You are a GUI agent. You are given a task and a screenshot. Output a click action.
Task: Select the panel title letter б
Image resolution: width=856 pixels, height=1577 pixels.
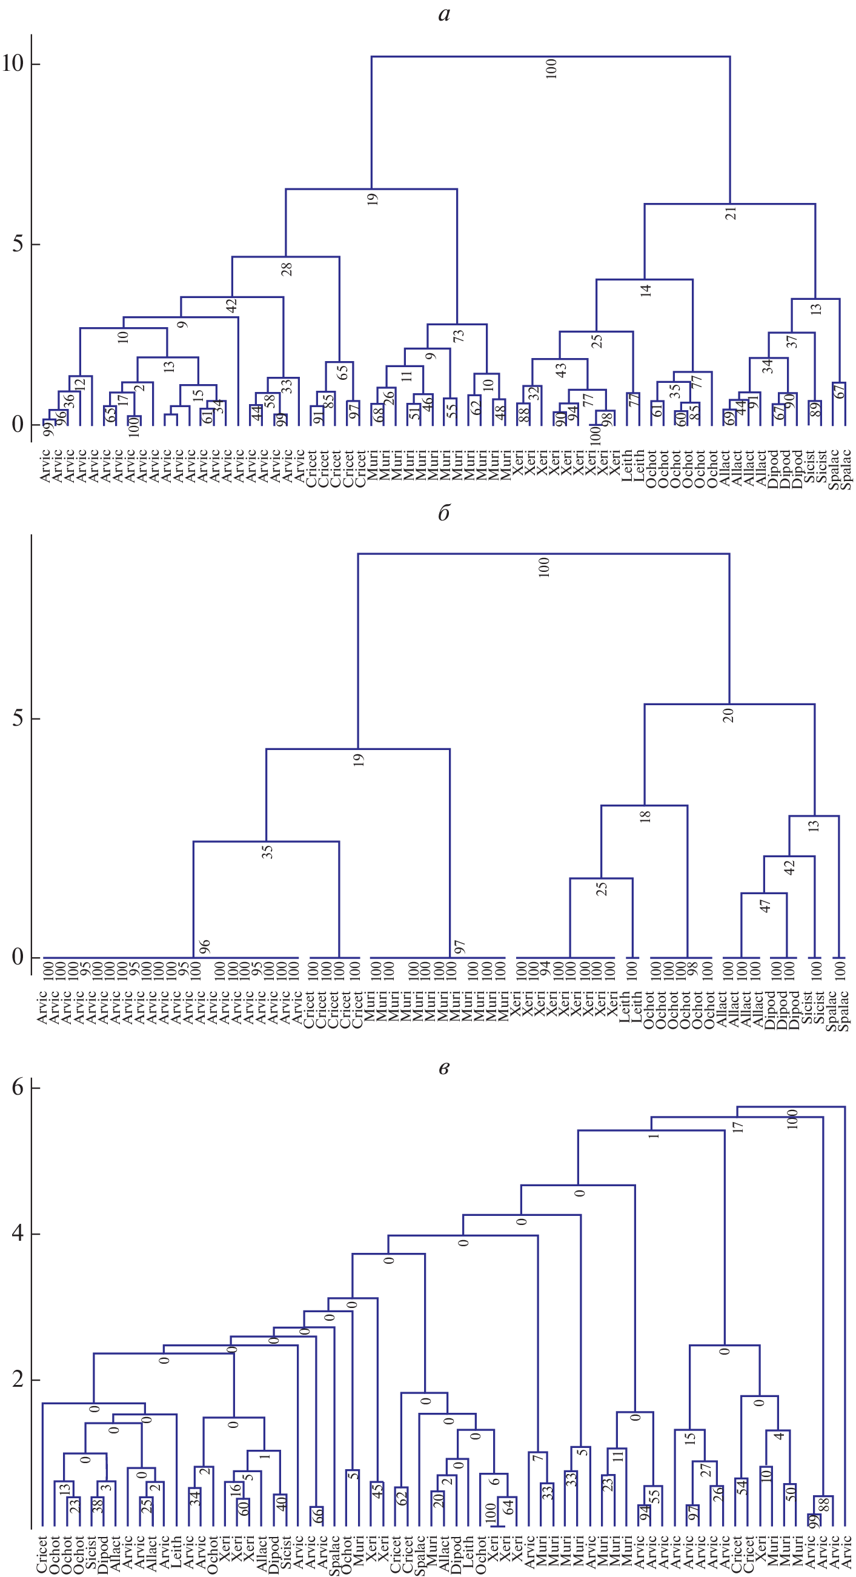coord(444,513)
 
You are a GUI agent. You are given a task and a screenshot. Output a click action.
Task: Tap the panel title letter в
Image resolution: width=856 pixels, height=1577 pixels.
coord(444,1068)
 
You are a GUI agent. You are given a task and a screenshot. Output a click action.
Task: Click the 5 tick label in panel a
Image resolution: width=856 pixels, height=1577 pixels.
coord(18,244)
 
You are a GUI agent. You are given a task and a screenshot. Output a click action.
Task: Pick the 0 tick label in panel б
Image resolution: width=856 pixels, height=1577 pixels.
coord(18,956)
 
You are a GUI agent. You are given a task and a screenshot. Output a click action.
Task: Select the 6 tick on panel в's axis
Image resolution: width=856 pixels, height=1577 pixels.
coord(18,1087)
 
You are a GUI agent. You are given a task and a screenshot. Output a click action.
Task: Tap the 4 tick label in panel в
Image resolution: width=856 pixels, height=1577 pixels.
coord(18,1233)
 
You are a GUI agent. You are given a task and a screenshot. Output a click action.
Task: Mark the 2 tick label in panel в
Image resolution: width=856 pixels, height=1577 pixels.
coord(18,1380)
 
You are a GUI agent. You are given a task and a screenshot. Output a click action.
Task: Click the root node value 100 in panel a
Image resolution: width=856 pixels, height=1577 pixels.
coord(551,68)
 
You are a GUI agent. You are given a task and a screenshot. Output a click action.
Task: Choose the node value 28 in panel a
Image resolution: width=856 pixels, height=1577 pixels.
coord(287,269)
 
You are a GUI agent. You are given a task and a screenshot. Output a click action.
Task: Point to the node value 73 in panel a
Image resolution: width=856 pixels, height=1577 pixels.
coord(459,336)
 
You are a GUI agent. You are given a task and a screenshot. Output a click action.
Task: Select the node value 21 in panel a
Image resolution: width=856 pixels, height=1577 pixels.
coord(731,214)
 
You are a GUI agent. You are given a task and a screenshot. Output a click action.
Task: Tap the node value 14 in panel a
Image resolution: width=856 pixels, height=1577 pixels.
coord(646,290)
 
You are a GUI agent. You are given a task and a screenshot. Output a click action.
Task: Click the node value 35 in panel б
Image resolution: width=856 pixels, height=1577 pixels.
coord(267,852)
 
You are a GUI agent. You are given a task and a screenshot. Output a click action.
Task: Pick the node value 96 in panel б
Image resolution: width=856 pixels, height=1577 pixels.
coord(205,946)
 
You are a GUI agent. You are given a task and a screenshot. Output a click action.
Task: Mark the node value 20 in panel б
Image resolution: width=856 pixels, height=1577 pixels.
coord(728,715)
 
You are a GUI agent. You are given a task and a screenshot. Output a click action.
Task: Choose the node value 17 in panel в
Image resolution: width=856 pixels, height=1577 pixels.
coord(738,1126)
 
